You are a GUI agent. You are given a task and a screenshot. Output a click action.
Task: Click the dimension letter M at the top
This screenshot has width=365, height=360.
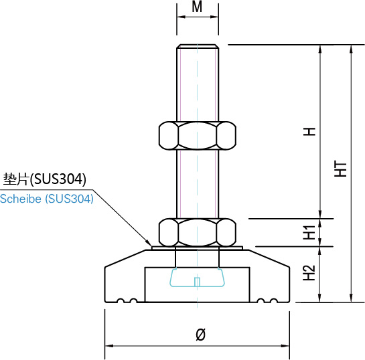click(197, 7)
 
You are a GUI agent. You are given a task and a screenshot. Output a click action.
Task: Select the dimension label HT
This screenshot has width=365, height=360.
click(341, 169)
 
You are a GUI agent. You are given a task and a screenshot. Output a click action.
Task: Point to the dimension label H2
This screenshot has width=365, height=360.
click(309, 273)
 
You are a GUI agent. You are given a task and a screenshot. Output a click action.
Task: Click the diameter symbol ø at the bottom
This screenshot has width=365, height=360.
click(200, 335)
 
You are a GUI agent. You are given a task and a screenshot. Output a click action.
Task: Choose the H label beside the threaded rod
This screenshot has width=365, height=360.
click(309, 132)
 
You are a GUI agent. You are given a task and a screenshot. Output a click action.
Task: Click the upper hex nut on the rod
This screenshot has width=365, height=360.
click(198, 135)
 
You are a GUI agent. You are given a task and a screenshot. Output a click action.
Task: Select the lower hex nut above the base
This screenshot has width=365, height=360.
click(198, 232)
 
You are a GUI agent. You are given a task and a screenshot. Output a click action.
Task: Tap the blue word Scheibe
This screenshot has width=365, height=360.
click(21, 199)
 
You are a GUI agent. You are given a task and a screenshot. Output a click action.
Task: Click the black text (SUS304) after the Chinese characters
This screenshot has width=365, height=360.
click(58, 179)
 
